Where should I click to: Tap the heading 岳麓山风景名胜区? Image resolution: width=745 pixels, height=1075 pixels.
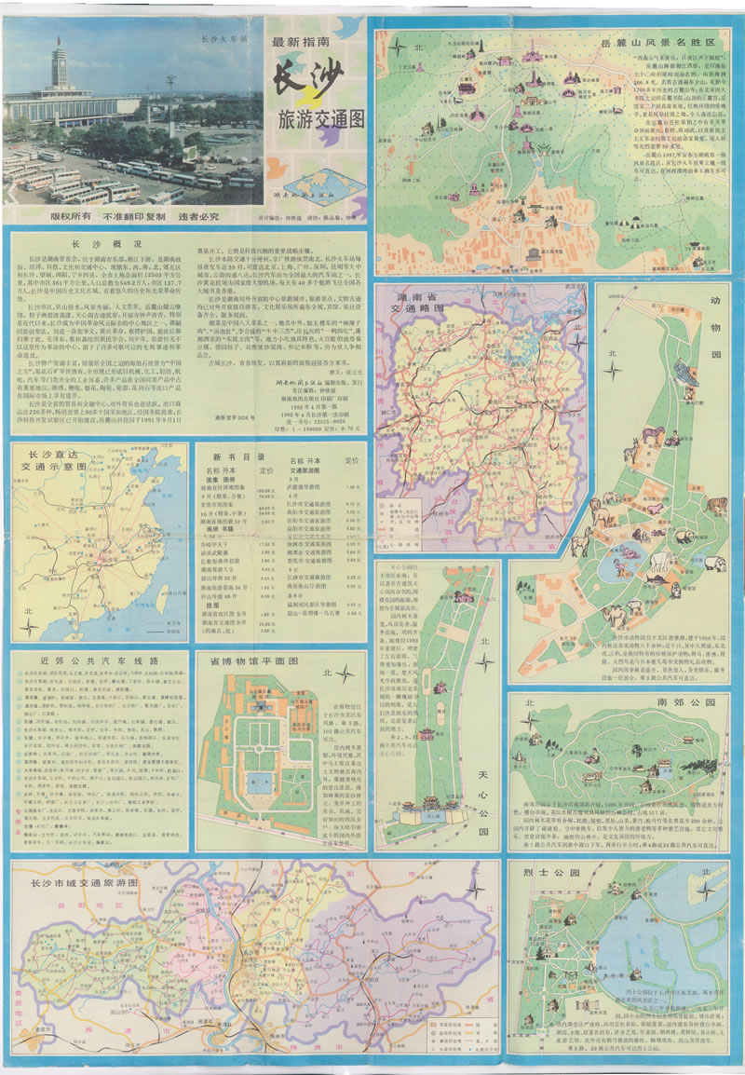tap(670, 43)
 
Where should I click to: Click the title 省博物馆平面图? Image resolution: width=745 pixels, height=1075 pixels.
tap(264, 660)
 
